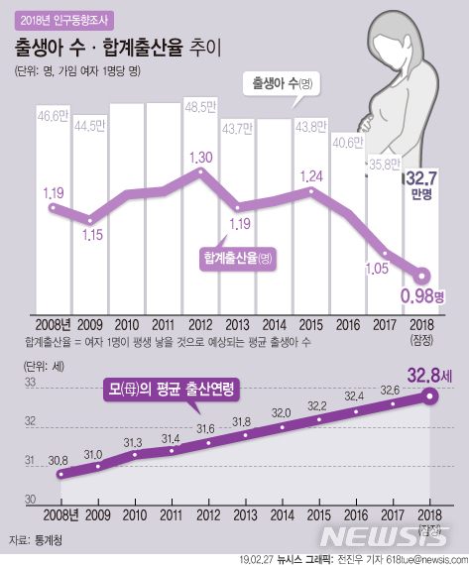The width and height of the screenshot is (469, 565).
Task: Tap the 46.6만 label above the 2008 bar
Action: tap(52, 116)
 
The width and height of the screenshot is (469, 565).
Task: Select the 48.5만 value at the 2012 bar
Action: tap(198, 106)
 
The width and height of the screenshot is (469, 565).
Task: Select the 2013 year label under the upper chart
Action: tap(236, 324)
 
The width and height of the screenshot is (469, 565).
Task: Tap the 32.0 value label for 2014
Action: tap(281, 412)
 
